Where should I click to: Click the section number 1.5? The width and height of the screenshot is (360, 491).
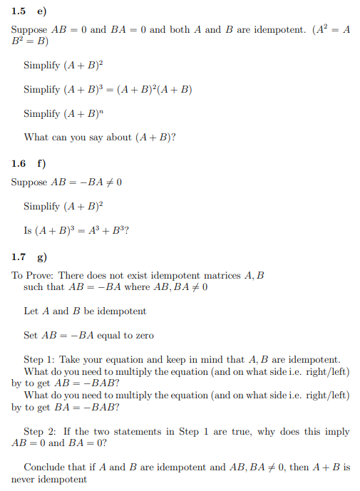[19, 11]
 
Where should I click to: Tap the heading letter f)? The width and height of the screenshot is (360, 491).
[41, 163]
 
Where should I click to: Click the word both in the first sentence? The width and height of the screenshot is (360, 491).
[181, 30]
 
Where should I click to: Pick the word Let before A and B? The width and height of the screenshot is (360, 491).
[31, 311]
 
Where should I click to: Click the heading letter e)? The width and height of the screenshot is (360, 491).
[41, 11]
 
